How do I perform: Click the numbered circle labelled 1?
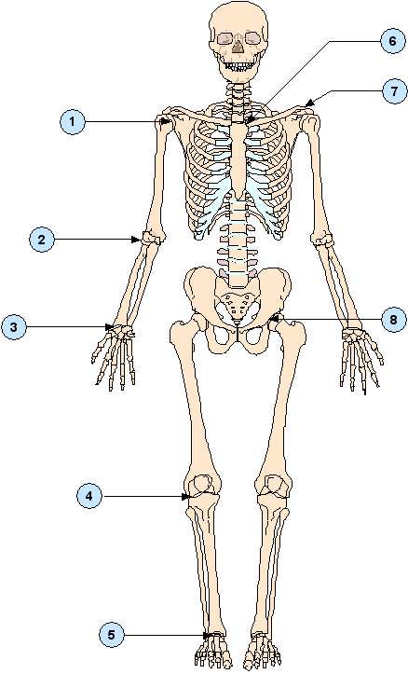(72, 121)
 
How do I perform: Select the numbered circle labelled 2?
(42, 240)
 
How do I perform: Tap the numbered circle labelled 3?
(14, 327)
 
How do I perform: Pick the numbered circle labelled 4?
(88, 497)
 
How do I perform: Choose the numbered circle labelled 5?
(111, 635)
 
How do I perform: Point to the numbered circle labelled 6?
(392, 41)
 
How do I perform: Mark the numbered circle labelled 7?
(394, 91)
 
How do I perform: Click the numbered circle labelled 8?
(393, 320)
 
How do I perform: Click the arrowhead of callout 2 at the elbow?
(136, 240)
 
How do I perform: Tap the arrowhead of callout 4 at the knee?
(185, 497)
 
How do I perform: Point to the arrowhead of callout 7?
(309, 103)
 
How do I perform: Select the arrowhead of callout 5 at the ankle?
(208, 635)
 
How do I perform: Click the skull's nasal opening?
(238, 46)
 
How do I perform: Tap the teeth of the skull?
(238, 66)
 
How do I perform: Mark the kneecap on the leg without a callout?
(273, 485)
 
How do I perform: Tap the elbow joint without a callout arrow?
(322, 239)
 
